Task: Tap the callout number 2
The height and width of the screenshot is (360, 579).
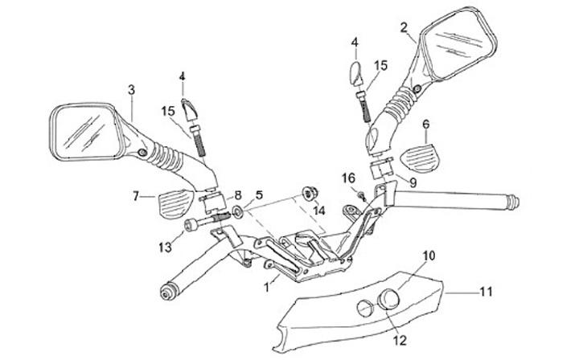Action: pyautogui.click(x=404, y=27)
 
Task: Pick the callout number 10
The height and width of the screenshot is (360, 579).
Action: pyautogui.click(x=428, y=256)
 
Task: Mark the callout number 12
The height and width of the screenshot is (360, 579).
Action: pyautogui.click(x=399, y=340)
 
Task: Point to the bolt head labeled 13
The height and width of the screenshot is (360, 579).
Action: pyautogui.click(x=190, y=226)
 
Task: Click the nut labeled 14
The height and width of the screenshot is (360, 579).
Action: pyautogui.click(x=308, y=193)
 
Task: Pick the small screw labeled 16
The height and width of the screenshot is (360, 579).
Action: pyautogui.click(x=361, y=194)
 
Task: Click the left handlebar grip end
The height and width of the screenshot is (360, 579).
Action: pyautogui.click(x=170, y=291)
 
